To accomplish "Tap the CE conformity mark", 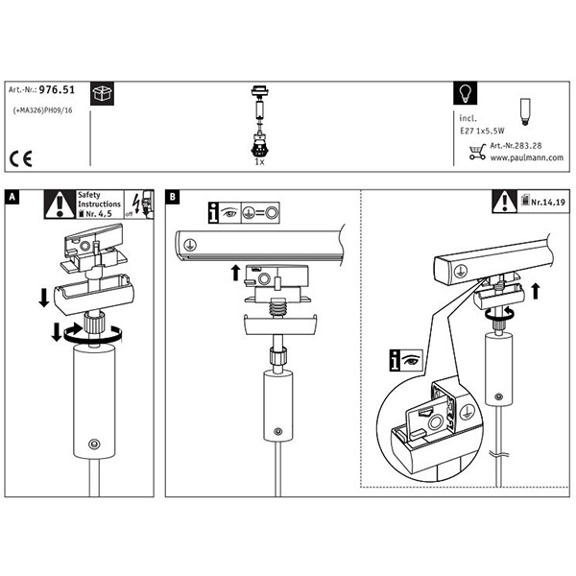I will pyautogui.click(x=20, y=156).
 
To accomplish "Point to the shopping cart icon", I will pyautogui.click(x=477, y=151).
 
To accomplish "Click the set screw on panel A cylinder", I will pyautogui.click(x=93, y=443).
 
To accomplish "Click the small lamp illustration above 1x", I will pyautogui.click(x=257, y=125).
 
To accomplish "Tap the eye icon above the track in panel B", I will pyautogui.click(x=229, y=212).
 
